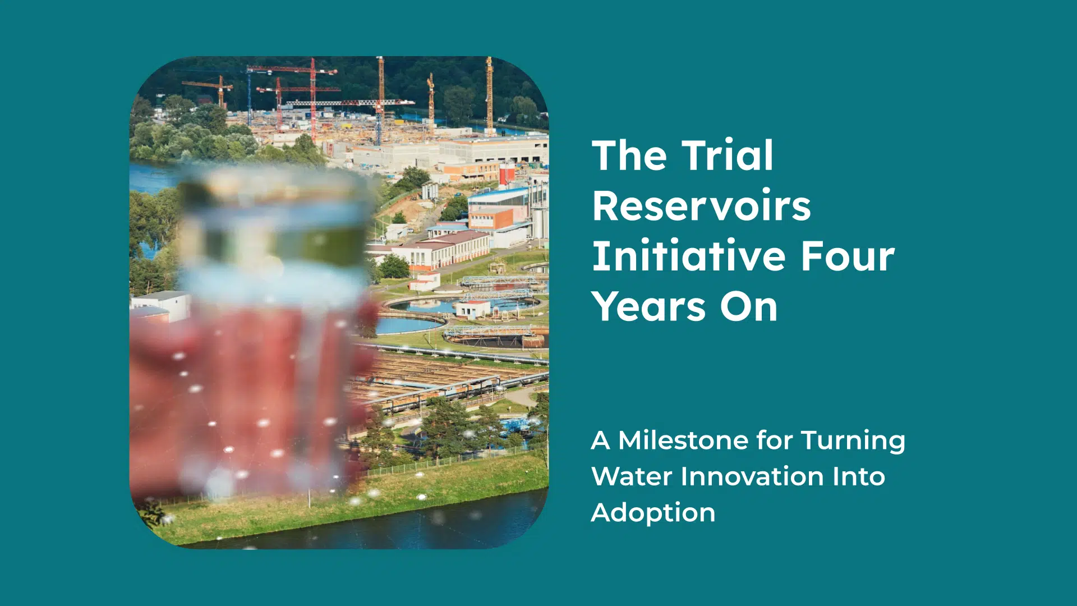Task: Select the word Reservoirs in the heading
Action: pyautogui.click(x=702, y=205)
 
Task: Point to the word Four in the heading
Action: pyautogui.click(x=848, y=256)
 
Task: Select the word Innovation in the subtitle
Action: pyautogui.click(x=752, y=476)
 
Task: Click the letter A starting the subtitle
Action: pyautogui.click(x=601, y=441)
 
